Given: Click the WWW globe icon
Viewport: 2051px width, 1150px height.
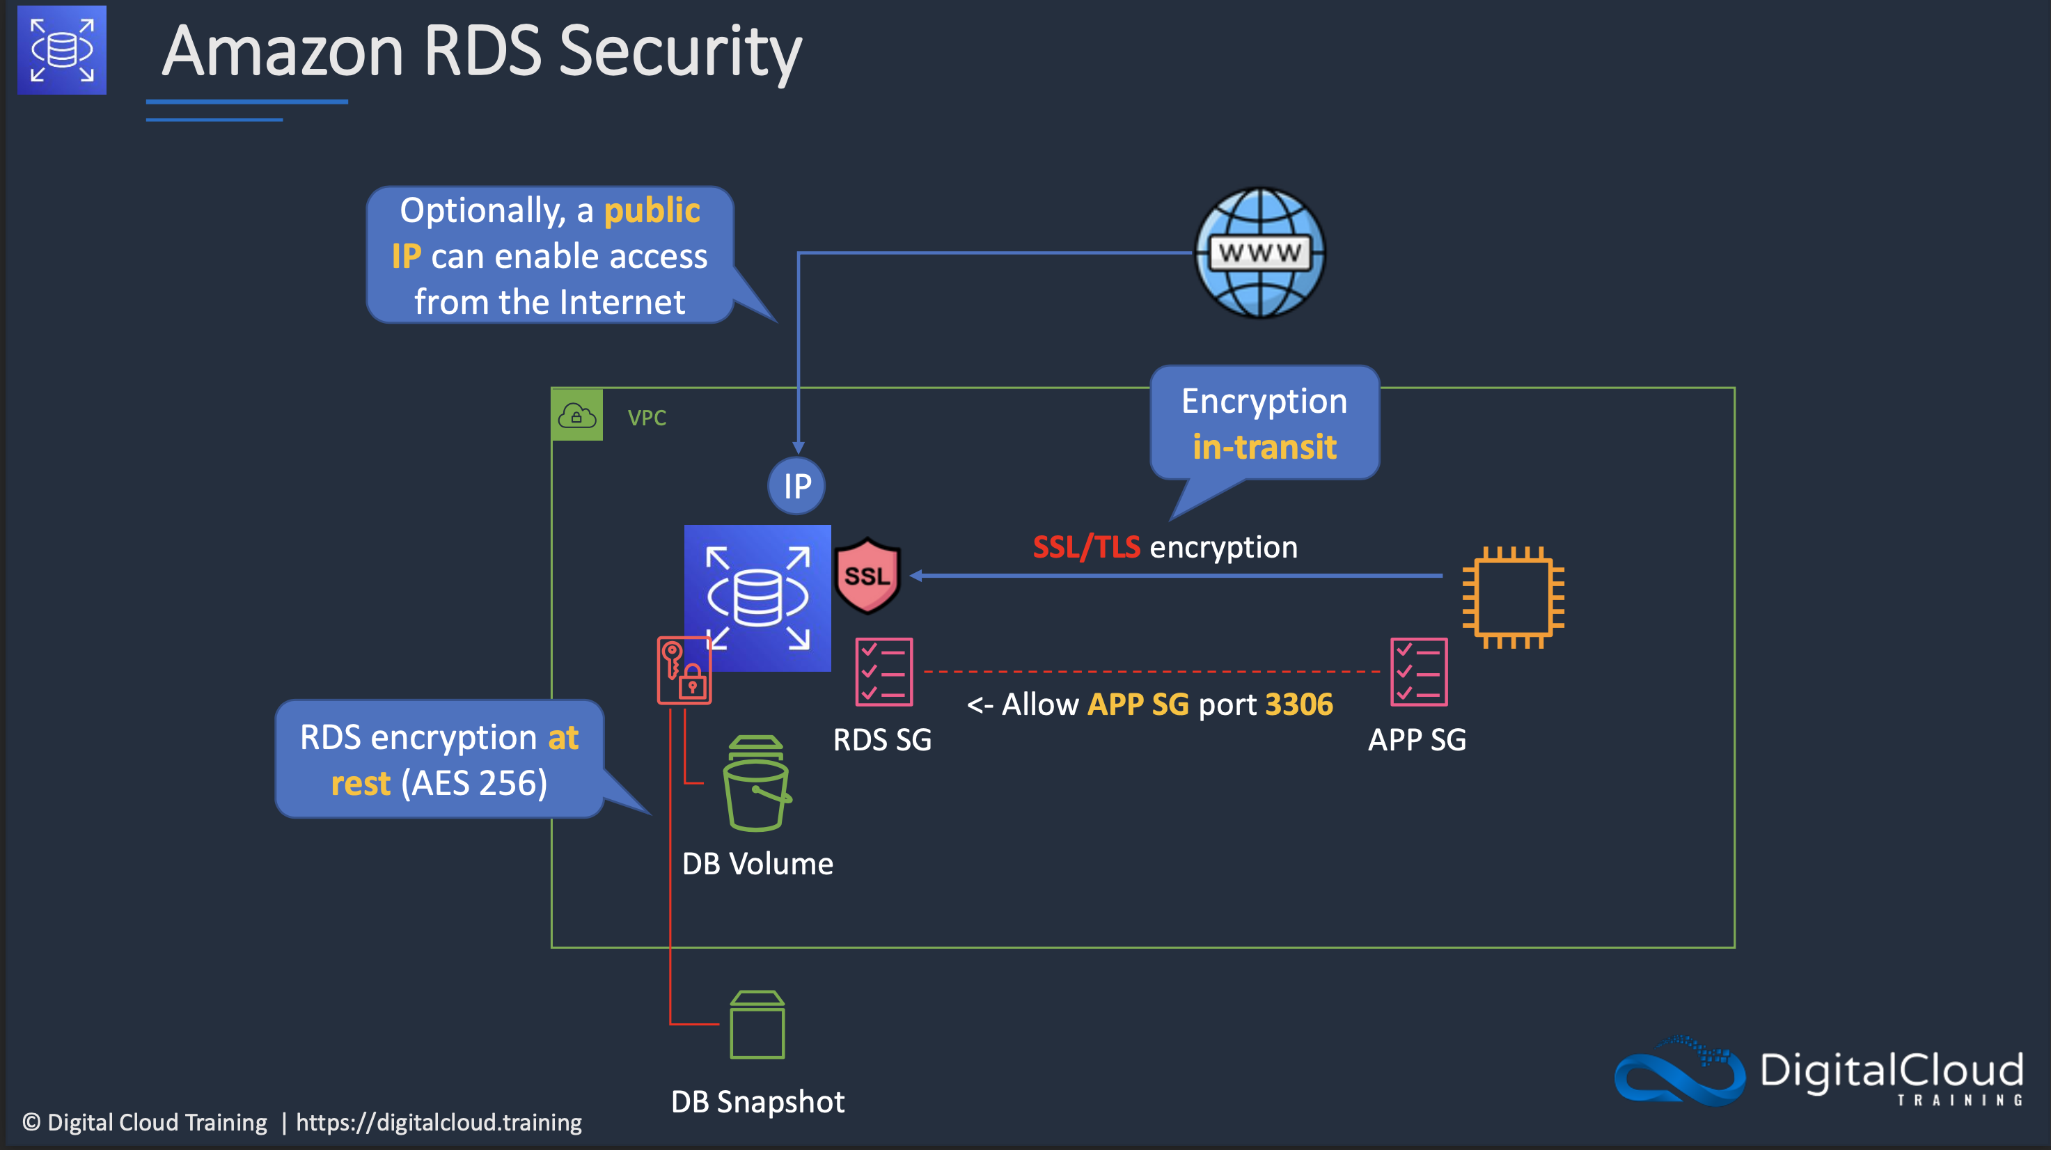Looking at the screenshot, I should pos(1259,253).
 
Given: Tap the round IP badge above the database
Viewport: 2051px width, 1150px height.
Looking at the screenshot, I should pos(796,485).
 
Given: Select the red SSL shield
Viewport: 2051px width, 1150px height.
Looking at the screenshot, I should pos(867,576).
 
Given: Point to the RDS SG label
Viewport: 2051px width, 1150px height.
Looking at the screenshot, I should pos(881,739).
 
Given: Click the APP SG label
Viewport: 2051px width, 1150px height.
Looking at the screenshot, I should pos(1417,739).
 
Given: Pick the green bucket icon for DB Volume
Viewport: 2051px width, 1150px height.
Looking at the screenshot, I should pos(755,784).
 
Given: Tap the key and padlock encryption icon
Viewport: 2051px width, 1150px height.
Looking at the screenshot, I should pos(683,670).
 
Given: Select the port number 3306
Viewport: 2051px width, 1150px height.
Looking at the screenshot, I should pos(1298,704).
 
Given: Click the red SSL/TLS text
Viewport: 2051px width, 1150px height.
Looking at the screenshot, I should pos(1086,548).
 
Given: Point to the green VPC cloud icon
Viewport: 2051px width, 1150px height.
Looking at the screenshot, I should pos(577,415).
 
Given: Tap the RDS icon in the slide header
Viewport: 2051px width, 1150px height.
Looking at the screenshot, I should pos(62,50).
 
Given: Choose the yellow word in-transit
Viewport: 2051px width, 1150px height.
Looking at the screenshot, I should pos(1264,446).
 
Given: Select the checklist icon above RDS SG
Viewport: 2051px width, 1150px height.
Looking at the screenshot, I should pos(883,672).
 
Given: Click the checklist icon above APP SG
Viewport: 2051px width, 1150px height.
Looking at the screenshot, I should pos(1418,672).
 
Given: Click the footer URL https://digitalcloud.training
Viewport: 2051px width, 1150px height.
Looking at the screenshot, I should pos(439,1122).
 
